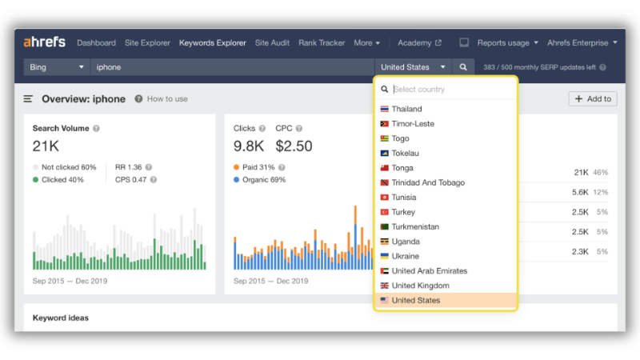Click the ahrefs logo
click(x=44, y=42)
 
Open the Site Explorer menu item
click(x=147, y=43)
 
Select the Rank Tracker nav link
click(x=322, y=43)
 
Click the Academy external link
click(x=419, y=43)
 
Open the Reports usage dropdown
click(x=508, y=43)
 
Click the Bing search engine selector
click(x=56, y=67)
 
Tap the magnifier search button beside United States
click(x=463, y=67)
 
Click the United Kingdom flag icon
click(x=384, y=286)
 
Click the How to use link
click(x=167, y=98)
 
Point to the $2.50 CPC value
click(x=294, y=146)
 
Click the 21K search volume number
click(x=46, y=146)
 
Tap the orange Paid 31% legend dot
click(x=236, y=167)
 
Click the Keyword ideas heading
click(x=61, y=318)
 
